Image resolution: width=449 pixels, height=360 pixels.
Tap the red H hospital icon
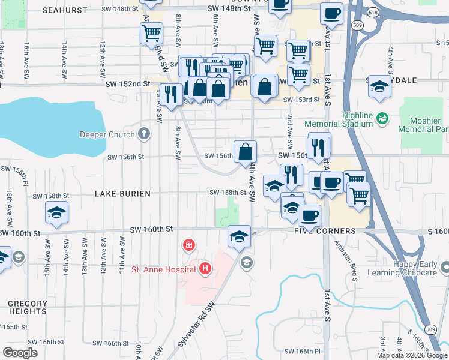(205, 268)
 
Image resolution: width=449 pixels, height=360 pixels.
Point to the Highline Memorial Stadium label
(358, 119)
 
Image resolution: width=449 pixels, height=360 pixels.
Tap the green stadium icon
(381, 119)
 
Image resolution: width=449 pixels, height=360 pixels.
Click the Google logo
(20, 353)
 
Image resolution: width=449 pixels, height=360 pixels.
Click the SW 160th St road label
(152, 229)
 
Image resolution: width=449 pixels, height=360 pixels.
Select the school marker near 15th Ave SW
(57, 213)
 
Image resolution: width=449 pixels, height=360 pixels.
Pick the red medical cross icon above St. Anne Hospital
(188, 245)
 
